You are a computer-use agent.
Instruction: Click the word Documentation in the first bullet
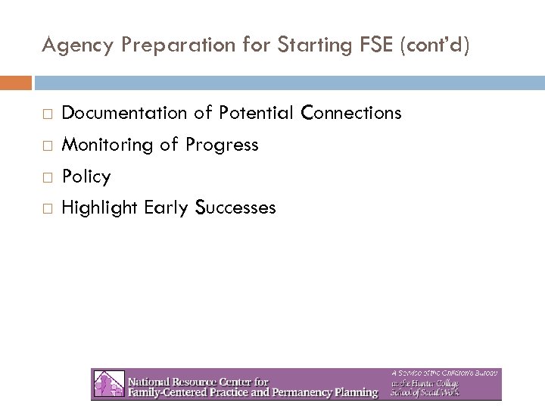[x=123, y=114]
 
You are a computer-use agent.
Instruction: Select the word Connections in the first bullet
[x=351, y=114]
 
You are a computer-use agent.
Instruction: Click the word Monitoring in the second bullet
[x=108, y=145]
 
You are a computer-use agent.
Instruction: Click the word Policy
[x=86, y=176]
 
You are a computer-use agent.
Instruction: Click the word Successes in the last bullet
[x=235, y=208]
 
